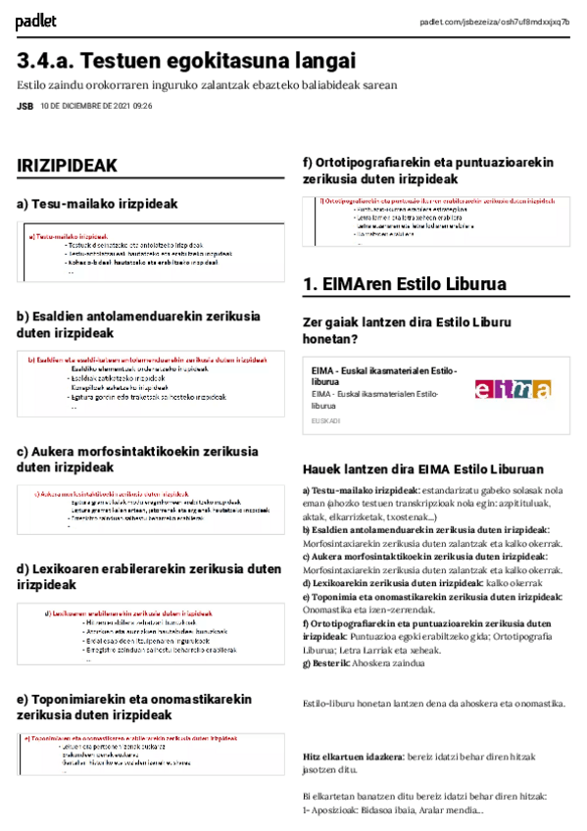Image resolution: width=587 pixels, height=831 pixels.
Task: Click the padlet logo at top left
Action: tap(36, 22)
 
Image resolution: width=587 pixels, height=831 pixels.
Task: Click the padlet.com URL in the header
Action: tap(494, 22)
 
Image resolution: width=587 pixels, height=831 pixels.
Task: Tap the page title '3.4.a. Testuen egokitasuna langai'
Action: tap(186, 60)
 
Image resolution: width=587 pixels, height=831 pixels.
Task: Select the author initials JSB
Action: tap(24, 106)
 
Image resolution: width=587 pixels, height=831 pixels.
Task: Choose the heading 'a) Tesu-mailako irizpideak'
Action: tap(97, 204)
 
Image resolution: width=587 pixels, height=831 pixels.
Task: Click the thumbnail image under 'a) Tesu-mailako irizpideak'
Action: tap(151, 254)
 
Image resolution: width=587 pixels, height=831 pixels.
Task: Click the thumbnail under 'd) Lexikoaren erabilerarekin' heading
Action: tap(151, 634)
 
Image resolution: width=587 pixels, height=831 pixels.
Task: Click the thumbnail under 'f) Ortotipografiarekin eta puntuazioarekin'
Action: tap(437, 221)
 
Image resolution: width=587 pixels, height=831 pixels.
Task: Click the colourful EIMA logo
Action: tap(513, 389)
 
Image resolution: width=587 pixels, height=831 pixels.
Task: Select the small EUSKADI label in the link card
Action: tap(325, 420)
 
